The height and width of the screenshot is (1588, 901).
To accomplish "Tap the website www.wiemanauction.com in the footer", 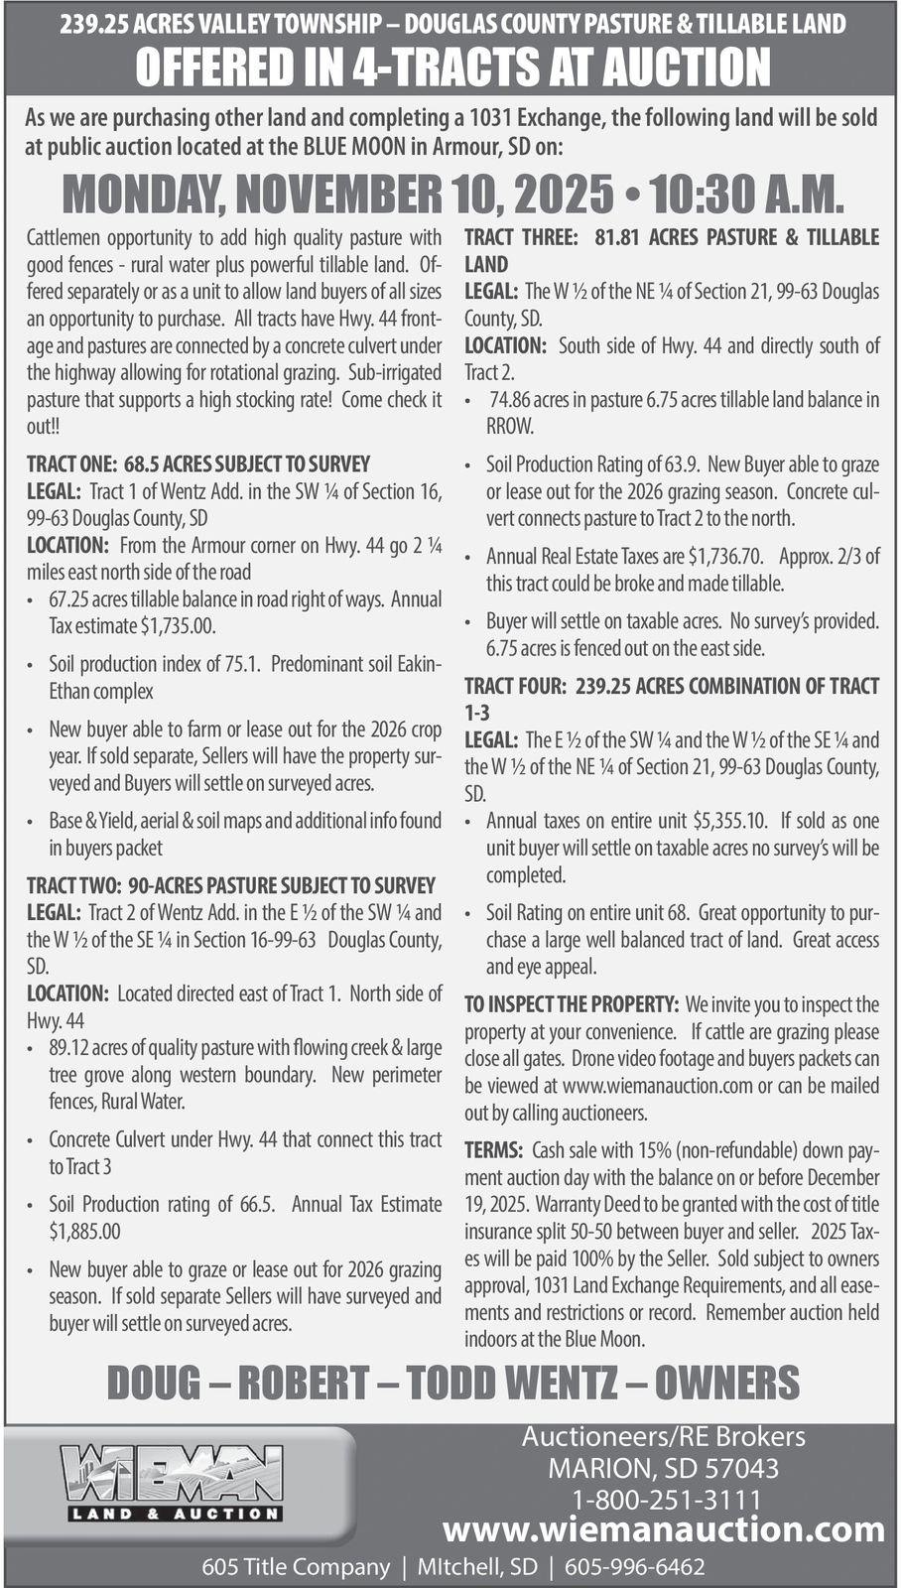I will tap(663, 1529).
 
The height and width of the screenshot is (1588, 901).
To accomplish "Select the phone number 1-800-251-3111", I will tap(663, 1499).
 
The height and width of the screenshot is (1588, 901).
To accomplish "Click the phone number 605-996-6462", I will tap(635, 1567).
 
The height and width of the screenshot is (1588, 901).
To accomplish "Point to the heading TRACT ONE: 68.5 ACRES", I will tap(198, 464).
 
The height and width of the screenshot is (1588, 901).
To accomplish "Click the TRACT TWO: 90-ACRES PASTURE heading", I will tap(231, 885).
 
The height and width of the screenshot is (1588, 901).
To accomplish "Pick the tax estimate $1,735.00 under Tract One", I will tap(178, 626).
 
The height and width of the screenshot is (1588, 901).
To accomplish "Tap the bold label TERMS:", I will tap(494, 1151).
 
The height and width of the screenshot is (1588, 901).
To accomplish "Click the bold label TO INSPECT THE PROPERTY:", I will tap(572, 1004).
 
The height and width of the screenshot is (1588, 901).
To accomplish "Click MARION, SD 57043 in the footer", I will tap(663, 1468).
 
